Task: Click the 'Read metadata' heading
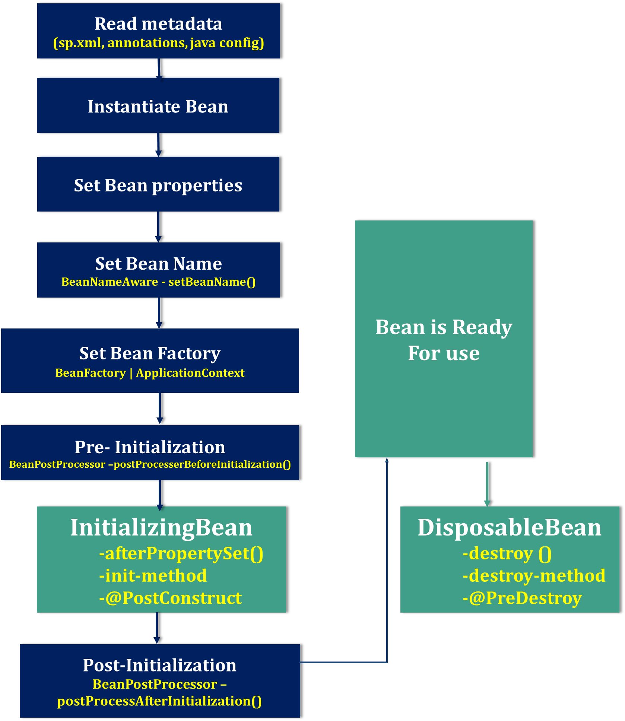click(x=158, y=24)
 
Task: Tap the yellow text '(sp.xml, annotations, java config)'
click(x=159, y=43)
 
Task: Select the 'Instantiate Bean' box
click(x=158, y=106)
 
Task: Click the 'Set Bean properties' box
click(x=158, y=185)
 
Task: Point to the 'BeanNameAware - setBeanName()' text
click(x=159, y=282)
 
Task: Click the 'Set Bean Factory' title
click(x=150, y=353)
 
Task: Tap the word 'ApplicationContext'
click(x=190, y=373)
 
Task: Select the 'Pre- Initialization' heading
click(x=150, y=447)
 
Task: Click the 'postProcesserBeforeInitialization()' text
click(x=202, y=464)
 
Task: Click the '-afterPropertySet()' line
click(x=181, y=553)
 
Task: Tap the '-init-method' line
click(x=153, y=576)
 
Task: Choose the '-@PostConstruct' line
click(x=170, y=598)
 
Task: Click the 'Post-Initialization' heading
click(x=159, y=665)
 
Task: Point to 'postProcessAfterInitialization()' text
click(x=159, y=701)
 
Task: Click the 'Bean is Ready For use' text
click(x=444, y=340)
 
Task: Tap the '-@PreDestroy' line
click(x=522, y=598)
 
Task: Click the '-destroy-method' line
click(x=534, y=576)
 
